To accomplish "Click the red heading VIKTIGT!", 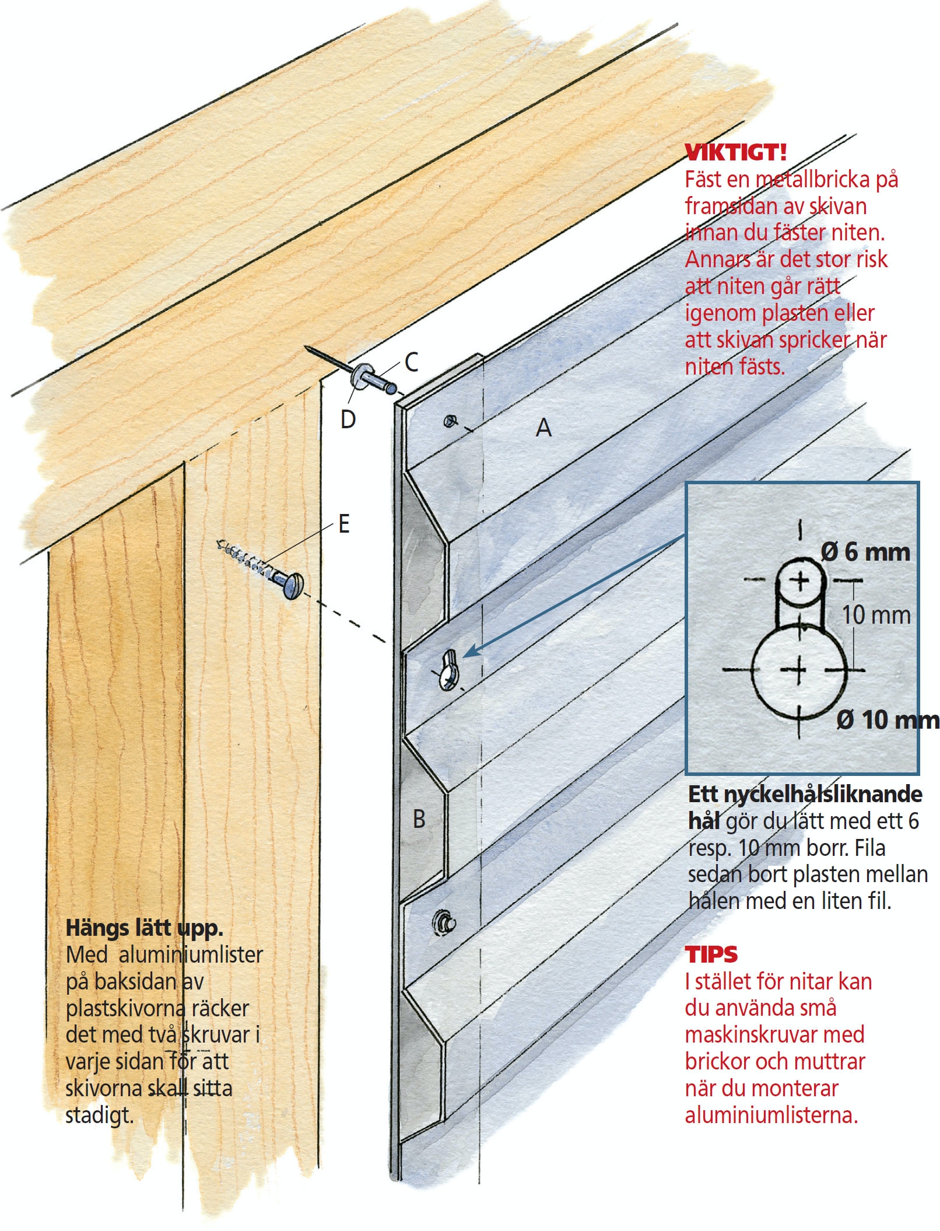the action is pyautogui.click(x=735, y=152).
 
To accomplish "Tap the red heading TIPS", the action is pyautogui.click(x=711, y=954).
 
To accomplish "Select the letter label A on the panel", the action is pyautogui.click(x=543, y=428).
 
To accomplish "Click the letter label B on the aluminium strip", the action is pyautogui.click(x=419, y=819).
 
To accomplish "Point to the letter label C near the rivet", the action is pyautogui.click(x=411, y=362).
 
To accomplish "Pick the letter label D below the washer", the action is pyautogui.click(x=348, y=419).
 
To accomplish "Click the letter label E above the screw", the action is pyautogui.click(x=344, y=524).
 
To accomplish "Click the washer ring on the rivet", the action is pyautogui.click(x=363, y=376).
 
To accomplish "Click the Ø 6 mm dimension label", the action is pyautogui.click(x=865, y=552).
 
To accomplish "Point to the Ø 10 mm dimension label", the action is pyautogui.click(x=888, y=720).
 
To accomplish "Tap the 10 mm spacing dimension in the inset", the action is pyautogui.click(x=876, y=615).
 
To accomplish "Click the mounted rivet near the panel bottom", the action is pyautogui.click(x=444, y=922).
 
